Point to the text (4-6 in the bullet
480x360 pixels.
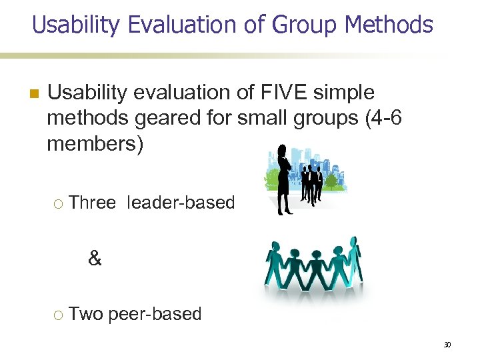tap(382, 118)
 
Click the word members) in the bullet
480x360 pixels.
tap(95, 143)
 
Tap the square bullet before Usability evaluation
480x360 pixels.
tap(33, 93)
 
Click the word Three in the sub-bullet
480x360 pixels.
tap(92, 203)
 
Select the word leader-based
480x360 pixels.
tap(180, 203)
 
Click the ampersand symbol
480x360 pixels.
tap(95, 259)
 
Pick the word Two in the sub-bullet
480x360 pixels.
tap(85, 314)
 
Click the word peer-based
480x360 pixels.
tap(155, 314)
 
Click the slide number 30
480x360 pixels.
tap(447, 345)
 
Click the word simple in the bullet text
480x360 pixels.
tap(343, 93)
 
